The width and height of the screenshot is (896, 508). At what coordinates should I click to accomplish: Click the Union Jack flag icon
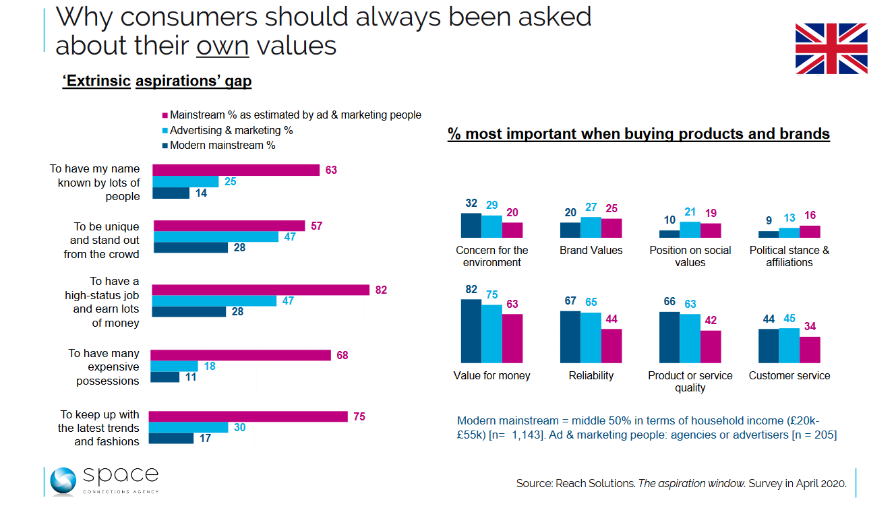coord(831,49)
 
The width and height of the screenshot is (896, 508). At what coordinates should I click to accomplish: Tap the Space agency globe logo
coord(63,481)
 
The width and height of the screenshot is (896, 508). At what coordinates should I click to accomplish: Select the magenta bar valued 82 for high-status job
coord(261,290)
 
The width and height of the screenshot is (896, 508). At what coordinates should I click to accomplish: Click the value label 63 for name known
coord(330,170)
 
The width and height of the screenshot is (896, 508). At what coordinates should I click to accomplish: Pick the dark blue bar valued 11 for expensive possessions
coord(165,377)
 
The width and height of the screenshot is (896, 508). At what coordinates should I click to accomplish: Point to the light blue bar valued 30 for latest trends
coord(188,428)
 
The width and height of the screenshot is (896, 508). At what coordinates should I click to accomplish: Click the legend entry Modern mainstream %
coord(222,146)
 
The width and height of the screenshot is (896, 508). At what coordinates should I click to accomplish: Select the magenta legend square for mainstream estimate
coord(164,115)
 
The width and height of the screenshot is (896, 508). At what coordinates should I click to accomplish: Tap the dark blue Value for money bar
coord(471,331)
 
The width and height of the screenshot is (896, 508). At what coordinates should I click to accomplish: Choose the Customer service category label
coord(789,376)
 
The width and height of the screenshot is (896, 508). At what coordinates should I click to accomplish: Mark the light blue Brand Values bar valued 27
coord(591,228)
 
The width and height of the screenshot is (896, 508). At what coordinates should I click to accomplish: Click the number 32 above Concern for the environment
coord(471,203)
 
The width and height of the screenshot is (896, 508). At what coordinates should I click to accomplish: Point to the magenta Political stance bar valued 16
coord(810,232)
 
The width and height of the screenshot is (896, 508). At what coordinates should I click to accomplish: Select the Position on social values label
coord(690,256)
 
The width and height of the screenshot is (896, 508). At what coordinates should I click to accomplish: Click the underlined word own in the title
coord(222,45)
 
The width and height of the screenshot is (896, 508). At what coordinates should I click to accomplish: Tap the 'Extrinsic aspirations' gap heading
coord(157,82)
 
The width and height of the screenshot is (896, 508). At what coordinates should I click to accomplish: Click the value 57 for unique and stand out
coord(316,226)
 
